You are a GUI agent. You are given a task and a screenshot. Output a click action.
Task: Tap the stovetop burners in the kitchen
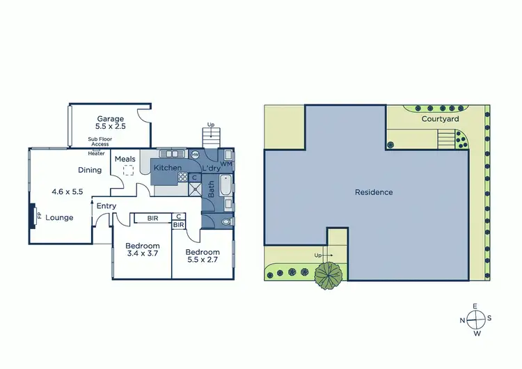coord(182,177)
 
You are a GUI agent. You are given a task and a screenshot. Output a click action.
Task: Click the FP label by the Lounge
coord(39,216)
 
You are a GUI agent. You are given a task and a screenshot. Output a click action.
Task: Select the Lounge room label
coord(60,218)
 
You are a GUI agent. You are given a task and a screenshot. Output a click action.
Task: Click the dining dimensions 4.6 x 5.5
coord(68,191)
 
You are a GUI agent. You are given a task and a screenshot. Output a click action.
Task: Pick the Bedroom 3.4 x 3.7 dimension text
coord(143,254)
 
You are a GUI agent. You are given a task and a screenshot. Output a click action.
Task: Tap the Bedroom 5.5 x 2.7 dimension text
coord(203,260)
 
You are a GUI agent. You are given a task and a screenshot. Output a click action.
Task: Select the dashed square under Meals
coord(128,169)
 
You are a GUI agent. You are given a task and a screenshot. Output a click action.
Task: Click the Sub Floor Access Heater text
coord(97,146)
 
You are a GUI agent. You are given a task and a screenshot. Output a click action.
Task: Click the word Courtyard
coord(440,119)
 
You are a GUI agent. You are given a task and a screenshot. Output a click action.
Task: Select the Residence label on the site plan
coord(374,192)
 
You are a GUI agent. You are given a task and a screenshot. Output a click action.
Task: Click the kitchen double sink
coord(171,154)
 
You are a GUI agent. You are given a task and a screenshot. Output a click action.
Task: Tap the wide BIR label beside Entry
coord(152,219)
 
